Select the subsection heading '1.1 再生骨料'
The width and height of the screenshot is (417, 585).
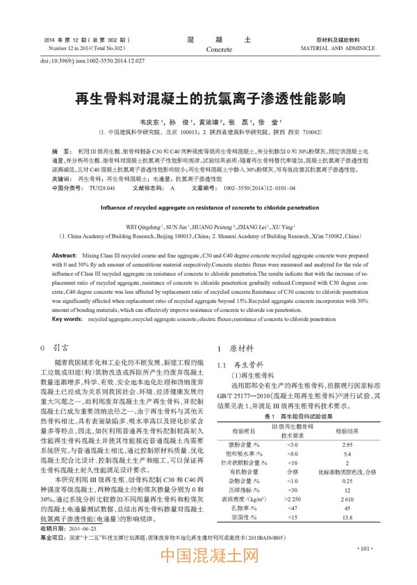[x=238, y=364]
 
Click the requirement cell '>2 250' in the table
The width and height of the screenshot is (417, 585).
[x=292, y=499]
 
